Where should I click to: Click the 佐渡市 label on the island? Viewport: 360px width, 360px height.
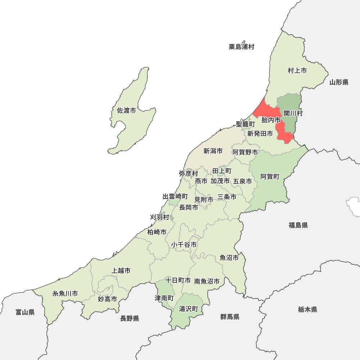(126, 111)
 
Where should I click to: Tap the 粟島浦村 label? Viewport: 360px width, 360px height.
(241, 47)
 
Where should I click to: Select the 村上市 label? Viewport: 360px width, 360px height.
(297, 71)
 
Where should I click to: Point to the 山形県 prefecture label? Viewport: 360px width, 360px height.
(339, 82)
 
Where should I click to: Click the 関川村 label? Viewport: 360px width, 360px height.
(293, 113)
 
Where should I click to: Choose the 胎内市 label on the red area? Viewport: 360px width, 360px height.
(271, 120)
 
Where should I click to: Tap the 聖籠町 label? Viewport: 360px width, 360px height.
(245, 124)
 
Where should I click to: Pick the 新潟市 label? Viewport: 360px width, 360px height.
(213, 151)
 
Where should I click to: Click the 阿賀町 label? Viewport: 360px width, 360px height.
(270, 177)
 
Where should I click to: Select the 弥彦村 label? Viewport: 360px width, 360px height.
(188, 174)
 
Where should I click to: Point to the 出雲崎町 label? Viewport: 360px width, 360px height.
(175, 197)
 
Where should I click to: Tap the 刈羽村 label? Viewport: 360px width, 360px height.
(159, 217)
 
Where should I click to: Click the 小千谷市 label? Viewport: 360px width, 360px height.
(184, 245)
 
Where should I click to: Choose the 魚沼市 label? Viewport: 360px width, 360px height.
(229, 258)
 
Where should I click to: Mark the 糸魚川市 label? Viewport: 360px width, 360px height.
(65, 293)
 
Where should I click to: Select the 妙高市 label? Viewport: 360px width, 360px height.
(107, 299)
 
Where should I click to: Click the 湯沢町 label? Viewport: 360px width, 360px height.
(189, 309)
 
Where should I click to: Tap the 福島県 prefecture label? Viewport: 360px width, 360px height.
(298, 225)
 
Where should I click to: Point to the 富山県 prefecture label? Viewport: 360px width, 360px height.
(25, 312)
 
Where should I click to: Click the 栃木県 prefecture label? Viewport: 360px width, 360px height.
(307, 309)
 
